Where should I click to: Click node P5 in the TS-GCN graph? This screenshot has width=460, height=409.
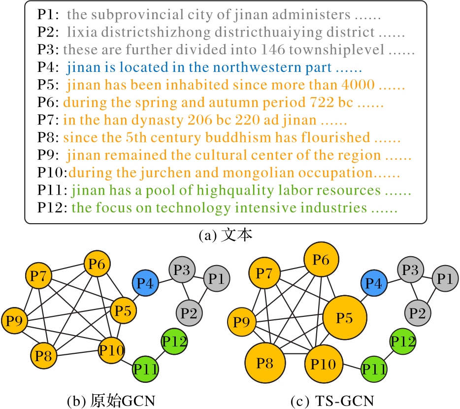tap(344, 318)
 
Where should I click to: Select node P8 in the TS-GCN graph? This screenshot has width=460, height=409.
tap(265, 364)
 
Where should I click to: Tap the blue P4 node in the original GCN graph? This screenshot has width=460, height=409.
tap(145, 283)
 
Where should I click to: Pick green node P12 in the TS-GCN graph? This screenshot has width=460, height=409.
tap(403, 341)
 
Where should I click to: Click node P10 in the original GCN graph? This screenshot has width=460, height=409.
tap(112, 351)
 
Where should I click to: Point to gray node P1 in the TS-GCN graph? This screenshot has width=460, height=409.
tap(445, 279)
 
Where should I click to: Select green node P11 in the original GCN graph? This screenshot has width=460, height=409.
tap(145, 368)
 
